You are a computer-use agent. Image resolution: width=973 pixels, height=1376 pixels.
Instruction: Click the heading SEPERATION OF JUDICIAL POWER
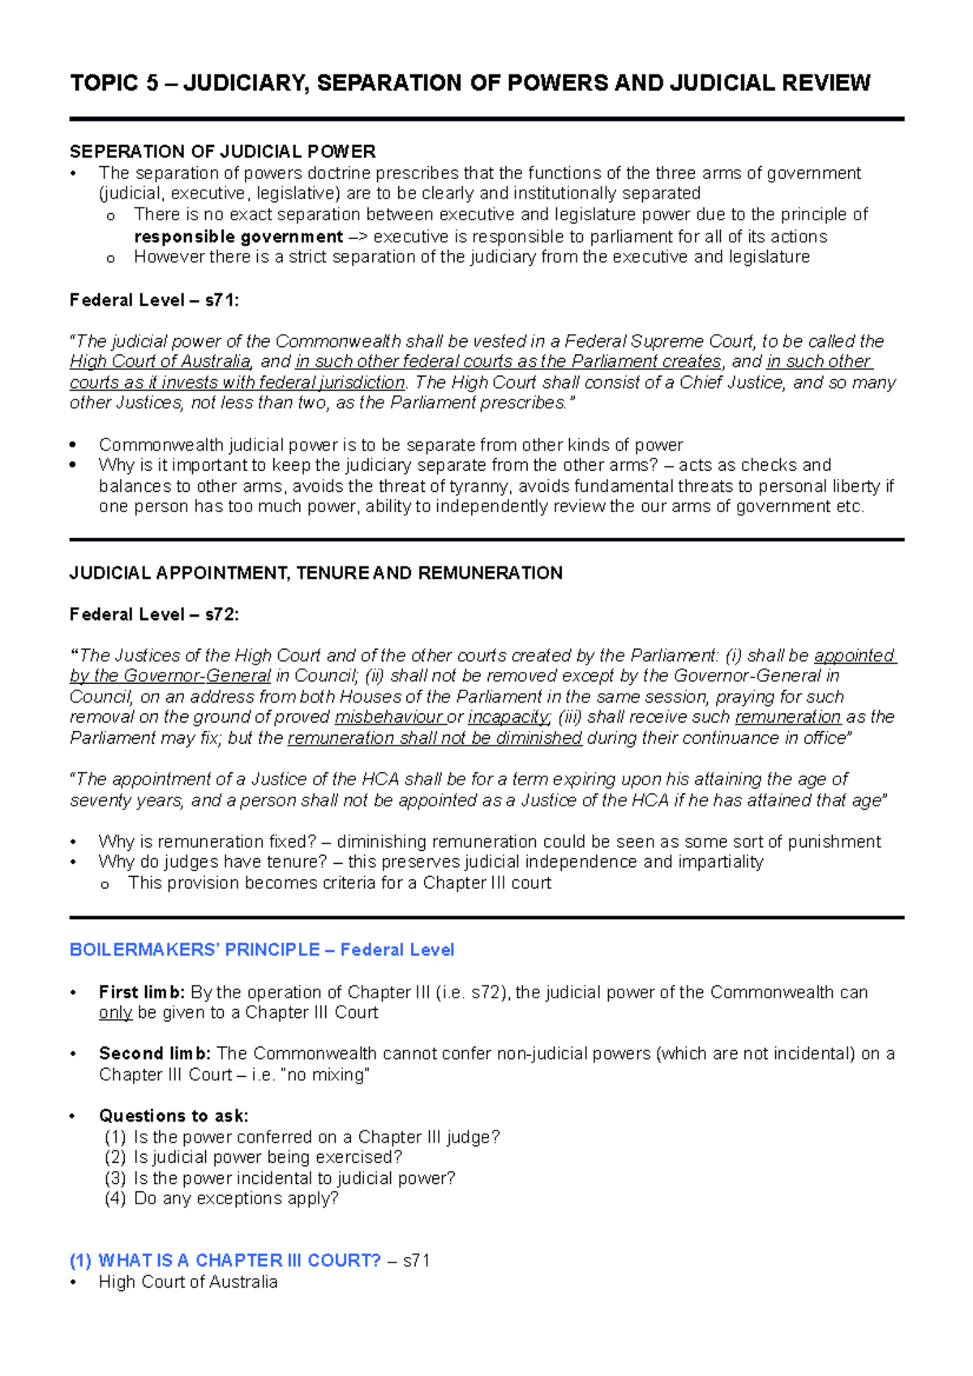(x=222, y=152)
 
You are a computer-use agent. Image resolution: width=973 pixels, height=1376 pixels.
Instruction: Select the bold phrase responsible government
(x=238, y=237)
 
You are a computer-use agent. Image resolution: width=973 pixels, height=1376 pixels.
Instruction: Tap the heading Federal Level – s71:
(x=154, y=300)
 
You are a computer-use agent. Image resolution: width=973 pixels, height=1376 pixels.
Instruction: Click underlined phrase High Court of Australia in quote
(x=160, y=361)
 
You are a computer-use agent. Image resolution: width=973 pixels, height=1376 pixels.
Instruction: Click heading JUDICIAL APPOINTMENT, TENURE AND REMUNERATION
(x=315, y=573)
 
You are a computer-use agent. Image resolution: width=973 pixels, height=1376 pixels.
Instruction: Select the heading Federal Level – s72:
(x=154, y=614)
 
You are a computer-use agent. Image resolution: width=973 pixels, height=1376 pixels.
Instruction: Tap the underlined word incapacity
(x=509, y=717)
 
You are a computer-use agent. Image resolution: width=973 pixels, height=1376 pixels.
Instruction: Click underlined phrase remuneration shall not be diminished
(x=435, y=738)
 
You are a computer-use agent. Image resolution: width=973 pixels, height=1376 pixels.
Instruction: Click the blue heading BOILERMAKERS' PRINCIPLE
(x=195, y=950)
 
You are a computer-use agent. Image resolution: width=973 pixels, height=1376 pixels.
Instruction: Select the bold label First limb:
(x=142, y=992)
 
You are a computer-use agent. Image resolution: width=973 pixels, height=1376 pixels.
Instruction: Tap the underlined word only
(x=115, y=1013)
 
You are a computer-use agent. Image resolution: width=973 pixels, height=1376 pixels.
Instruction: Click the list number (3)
(x=115, y=1178)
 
